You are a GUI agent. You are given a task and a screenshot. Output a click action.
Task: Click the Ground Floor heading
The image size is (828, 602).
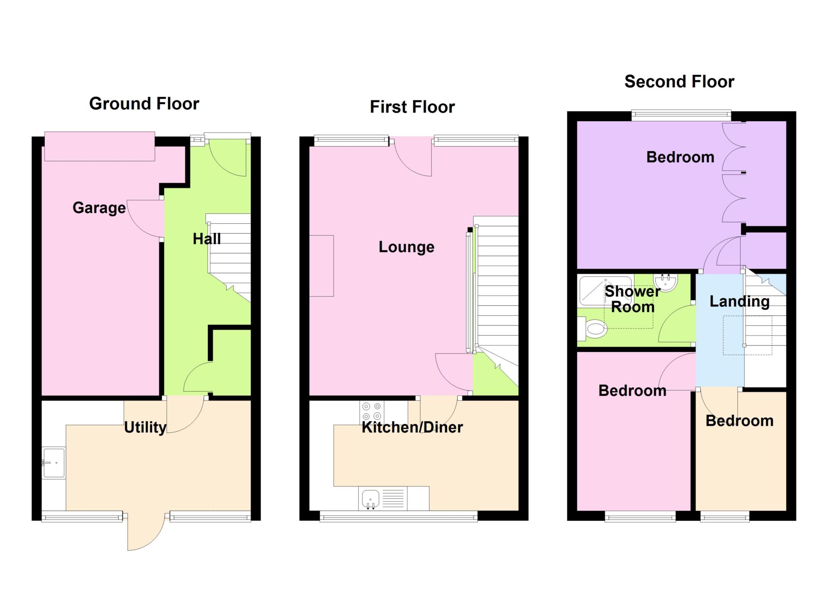(x=144, y=104)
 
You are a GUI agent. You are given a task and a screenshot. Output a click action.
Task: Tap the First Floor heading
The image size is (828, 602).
(x=412, y=107)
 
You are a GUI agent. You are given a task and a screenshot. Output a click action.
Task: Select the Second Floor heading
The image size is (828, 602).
(x=679, y=82)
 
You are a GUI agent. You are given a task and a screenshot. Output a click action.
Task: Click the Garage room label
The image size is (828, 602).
(x=99, y=208)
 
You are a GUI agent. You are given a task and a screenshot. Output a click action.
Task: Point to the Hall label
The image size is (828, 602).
(x=207, y=239)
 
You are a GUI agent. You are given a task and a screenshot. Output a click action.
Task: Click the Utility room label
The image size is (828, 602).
(x=145, y=427)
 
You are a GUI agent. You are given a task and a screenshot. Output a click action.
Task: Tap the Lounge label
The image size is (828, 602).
(x=406, y=247)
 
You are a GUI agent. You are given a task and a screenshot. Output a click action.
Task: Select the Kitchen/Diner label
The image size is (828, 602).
(x=412, y=427)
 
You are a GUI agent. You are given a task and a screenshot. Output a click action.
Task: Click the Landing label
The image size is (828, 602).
(x=739, y=302)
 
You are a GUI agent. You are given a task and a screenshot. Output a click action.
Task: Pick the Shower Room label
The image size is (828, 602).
(x=633, y=299)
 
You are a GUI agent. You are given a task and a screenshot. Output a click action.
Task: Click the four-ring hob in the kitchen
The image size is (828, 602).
(x=372, y=411)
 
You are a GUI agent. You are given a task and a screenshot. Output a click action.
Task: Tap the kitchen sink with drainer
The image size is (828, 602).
(x=382, y=498)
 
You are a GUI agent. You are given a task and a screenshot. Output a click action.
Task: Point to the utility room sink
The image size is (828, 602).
(x=54, y=463)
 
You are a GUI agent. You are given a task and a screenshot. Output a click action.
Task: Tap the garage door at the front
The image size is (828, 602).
(x=99, y=146)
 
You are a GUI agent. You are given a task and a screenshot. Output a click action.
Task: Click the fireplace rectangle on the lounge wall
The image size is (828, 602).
(x=321, y=266)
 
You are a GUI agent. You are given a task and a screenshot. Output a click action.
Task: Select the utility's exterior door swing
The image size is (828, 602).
(x=146, y=532)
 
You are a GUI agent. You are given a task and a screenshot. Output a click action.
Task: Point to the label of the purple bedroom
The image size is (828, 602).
(x=680, y=157)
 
